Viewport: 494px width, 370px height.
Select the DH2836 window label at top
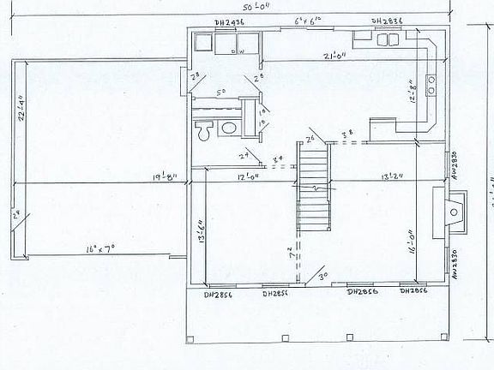388,21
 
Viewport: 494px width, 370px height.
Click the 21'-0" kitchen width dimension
334,56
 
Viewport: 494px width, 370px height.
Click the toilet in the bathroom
204,131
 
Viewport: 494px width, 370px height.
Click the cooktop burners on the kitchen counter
431,83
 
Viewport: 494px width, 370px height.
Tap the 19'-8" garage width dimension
166,178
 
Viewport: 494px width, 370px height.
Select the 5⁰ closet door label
220,92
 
